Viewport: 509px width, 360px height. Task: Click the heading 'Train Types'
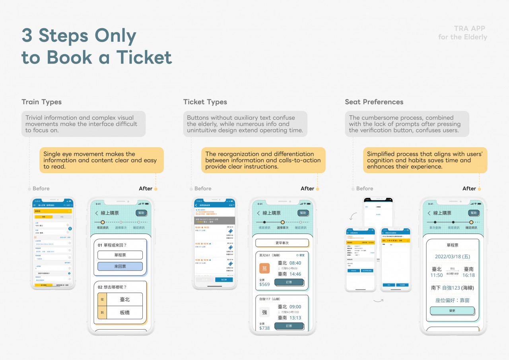[41, 102]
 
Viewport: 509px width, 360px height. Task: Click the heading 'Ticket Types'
[205, 102]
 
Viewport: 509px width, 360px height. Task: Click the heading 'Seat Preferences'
[374, 102]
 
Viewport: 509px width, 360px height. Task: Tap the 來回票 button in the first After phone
[120, 267]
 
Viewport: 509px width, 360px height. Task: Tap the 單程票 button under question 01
[120, 255]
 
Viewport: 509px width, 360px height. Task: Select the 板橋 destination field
[125, 313]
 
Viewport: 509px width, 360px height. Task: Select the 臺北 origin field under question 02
[125, 299]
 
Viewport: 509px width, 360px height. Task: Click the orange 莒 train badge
[264, 269]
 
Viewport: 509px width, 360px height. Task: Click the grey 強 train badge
[264, 312]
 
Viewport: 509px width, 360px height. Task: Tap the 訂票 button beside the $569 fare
[289, 282]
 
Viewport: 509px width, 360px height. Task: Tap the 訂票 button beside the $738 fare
[289, 326]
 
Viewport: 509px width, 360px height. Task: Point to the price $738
[264, 328]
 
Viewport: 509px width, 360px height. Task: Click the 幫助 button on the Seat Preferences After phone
[472, 213]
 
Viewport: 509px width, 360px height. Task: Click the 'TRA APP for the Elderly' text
[462, 33]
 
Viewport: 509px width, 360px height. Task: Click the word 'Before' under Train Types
[41, 189]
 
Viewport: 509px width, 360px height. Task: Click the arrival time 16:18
[468, 275]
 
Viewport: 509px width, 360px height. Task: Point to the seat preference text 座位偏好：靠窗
[453, 301]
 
